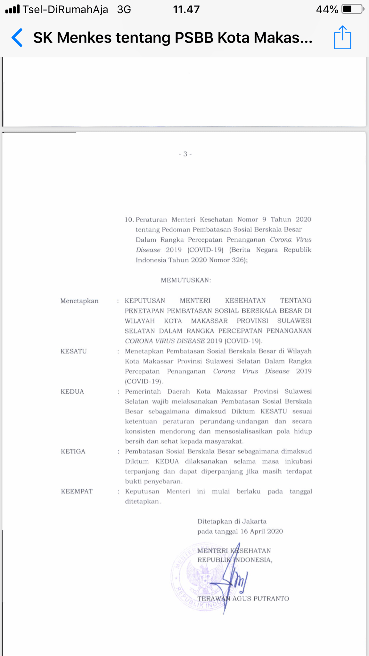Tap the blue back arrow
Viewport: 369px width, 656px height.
pos(17,37)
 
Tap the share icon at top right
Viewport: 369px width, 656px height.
pos(342,38)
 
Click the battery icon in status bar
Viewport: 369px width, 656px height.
pos(352,9)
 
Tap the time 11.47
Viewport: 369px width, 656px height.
pos(186,10)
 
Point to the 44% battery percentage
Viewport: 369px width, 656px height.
pos(327,10)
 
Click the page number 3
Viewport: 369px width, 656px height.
pos(185,154)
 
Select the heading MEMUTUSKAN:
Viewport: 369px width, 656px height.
pos(186,280)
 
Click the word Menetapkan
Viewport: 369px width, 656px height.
pos(79,301)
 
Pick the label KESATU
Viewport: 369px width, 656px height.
pos(74,351)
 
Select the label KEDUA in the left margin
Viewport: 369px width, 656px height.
pos(72,392)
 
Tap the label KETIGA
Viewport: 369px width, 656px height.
pos(73,452)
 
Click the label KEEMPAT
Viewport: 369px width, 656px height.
pos(77,492)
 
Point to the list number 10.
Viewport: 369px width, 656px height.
pos(129,220)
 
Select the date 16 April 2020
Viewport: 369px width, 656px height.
pos(262,531)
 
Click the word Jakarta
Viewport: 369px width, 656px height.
pos(254,521)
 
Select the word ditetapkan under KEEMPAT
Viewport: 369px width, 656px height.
pos(143,502)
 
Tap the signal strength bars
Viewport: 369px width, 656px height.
pos(12,9)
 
